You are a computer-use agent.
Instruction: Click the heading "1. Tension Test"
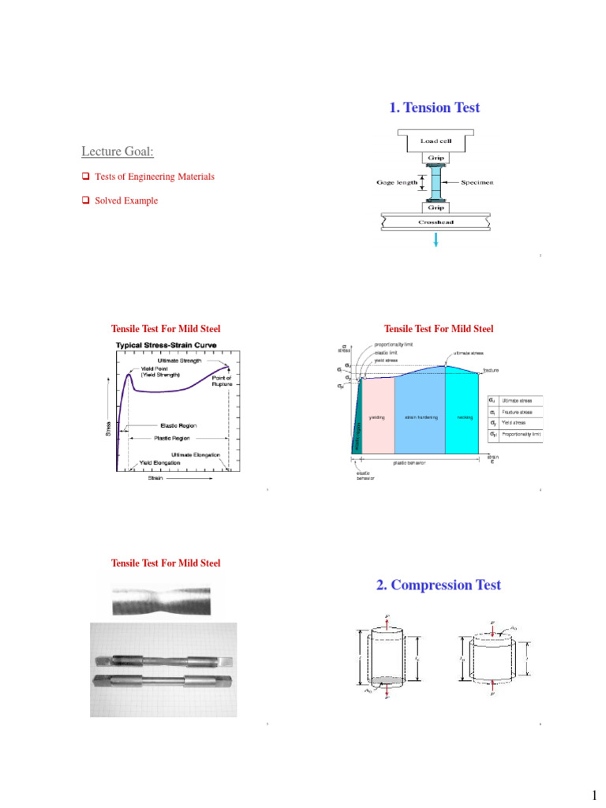pyautogui.click(x=434, y=108)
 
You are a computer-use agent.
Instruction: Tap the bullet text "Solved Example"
pyautogui.click(x=126, y=200)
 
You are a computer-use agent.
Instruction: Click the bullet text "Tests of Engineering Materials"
pyautogui.click(x=154, y=177)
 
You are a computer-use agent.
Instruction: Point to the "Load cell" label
pyautogui.click(x=436, y=140)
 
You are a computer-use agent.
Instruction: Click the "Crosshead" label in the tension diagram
pyautogui.click(x=436, y=222)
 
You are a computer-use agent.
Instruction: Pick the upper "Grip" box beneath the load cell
pyautogui.click(x=436, y=157)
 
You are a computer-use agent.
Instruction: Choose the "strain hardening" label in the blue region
pyautogui.click(x=419, y=417)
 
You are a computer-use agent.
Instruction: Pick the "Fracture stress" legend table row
pyautogui.click(x=514, y=412)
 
